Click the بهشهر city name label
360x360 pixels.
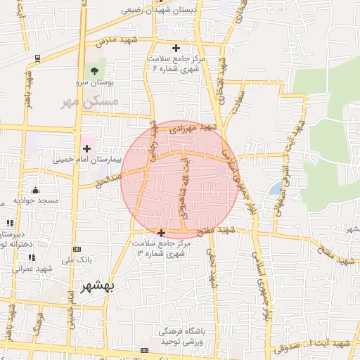coord(100,289)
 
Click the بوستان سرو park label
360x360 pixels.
coord(94,82)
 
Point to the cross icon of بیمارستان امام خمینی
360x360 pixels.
coord(87,149)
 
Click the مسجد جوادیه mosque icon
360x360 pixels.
coord(37,191)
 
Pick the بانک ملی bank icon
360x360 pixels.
coord(77,250)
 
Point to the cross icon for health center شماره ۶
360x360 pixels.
coord(176,48)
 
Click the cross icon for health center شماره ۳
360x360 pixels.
coord(162,232)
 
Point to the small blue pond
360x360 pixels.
coord(274,188)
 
